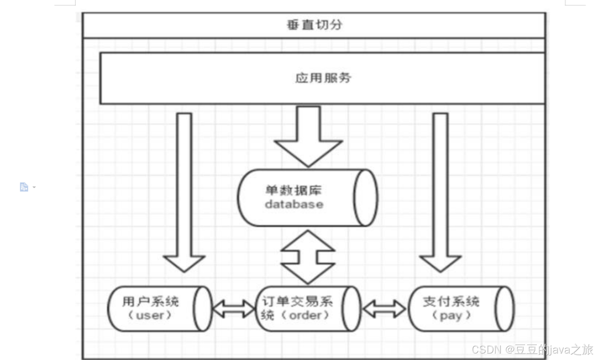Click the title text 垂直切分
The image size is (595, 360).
tap(314, 25)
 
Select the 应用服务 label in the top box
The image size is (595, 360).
tap(323, 78)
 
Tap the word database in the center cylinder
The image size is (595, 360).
tap(294, 204)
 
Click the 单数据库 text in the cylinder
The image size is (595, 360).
tap(293, 190)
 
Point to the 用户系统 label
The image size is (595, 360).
tap(150, 301)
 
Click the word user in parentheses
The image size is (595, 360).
tap(150, 315)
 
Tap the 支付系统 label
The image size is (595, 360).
tap(451, 301)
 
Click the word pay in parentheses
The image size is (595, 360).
tap(451, 315)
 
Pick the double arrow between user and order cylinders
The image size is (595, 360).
tap(233, 309)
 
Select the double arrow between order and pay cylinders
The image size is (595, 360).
tap(384, 309)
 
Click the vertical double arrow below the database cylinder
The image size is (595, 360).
tap(308, 257)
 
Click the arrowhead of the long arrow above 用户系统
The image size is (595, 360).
tap(184, 263)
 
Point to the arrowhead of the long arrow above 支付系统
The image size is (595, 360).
tap(440, 263)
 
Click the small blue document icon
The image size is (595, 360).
tap(24, 187)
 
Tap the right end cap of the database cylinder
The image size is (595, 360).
tap(365, 198)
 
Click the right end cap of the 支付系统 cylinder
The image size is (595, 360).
tap(504, 309)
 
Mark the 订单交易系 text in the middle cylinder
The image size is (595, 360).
tap(297, 301)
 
